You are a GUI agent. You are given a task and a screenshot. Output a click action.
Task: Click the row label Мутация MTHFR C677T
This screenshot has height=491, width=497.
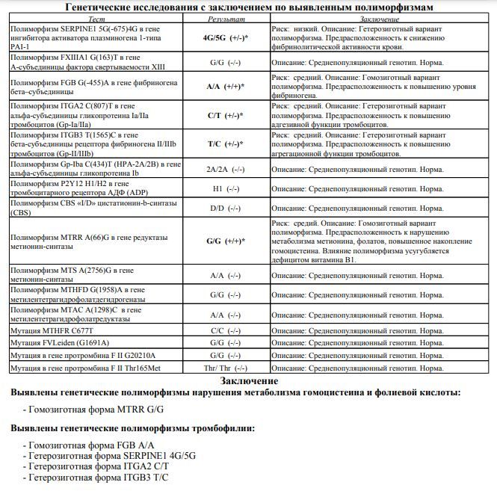(x=52, y=330)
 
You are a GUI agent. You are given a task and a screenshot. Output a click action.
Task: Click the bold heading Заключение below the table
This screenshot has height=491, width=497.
(x=248, y=382)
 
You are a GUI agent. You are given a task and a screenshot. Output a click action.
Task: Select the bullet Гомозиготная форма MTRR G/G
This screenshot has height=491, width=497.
(x=95, y=410)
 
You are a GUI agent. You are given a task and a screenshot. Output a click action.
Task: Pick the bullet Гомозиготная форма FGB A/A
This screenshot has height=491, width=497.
(x=95, y=445)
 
